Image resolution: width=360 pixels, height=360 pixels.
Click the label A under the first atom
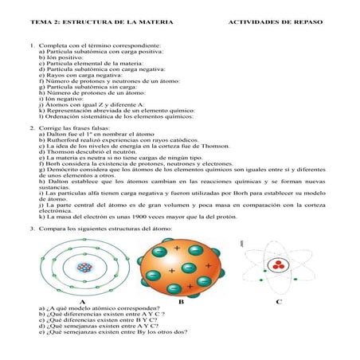click(x=82, y=302)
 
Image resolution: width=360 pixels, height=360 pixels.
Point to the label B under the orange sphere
click(x=181, y=302)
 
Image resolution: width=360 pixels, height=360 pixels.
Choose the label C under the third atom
click(x=278, y=302)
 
